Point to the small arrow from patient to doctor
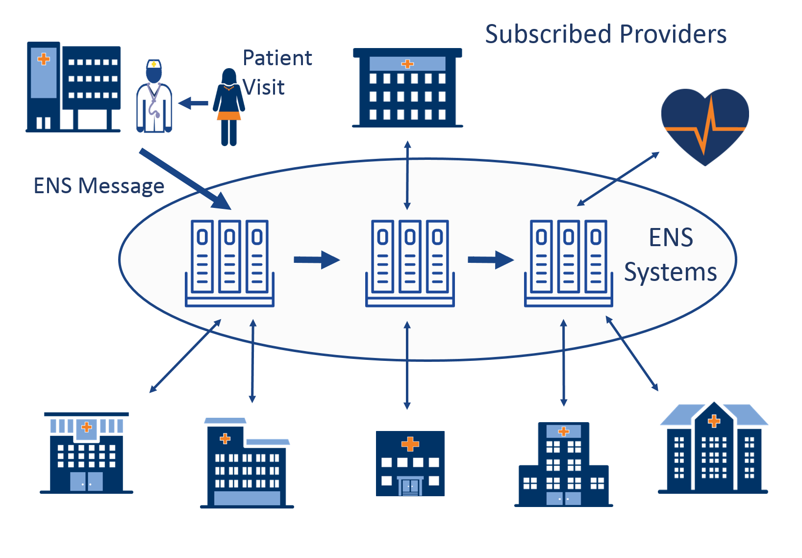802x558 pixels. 193,103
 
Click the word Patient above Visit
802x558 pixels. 277,58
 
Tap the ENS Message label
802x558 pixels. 99,186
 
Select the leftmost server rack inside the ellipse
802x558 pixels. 229,263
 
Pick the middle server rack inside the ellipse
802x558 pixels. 410,263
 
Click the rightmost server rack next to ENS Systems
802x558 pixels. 568,263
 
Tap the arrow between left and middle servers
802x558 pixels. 316,260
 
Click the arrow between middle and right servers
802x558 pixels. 490,260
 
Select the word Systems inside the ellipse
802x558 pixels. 670,272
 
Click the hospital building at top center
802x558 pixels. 407,88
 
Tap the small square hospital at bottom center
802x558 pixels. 410,463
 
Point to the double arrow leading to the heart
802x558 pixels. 618,179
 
